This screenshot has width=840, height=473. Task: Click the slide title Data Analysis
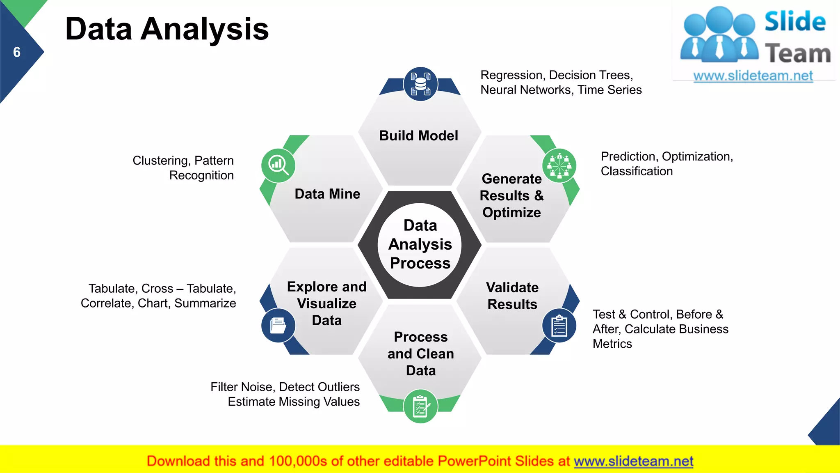point(167,29)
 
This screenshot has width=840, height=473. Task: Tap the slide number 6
point(17,52)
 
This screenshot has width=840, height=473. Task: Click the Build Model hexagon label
point(418,135)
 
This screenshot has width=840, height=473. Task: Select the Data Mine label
point(327,194)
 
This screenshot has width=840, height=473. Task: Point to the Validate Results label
point(512,296)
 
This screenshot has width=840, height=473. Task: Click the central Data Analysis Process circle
point(420,244)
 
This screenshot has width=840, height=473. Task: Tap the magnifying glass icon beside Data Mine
point(278,165)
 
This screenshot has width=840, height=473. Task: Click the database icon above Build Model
point(420,84)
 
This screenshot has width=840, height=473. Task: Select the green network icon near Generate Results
point(559,165)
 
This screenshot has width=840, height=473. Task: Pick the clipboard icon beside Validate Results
point(559,326)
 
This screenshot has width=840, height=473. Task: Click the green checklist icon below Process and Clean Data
point(420,406)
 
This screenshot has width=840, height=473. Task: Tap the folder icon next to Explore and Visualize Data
point(278,326)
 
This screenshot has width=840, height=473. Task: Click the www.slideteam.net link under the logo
point(753,76)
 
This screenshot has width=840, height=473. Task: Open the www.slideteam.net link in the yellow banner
point(633,461)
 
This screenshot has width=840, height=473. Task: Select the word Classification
point(637,171)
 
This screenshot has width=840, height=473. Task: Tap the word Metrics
point(612,344)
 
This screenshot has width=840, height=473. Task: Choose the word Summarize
point(205,303)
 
